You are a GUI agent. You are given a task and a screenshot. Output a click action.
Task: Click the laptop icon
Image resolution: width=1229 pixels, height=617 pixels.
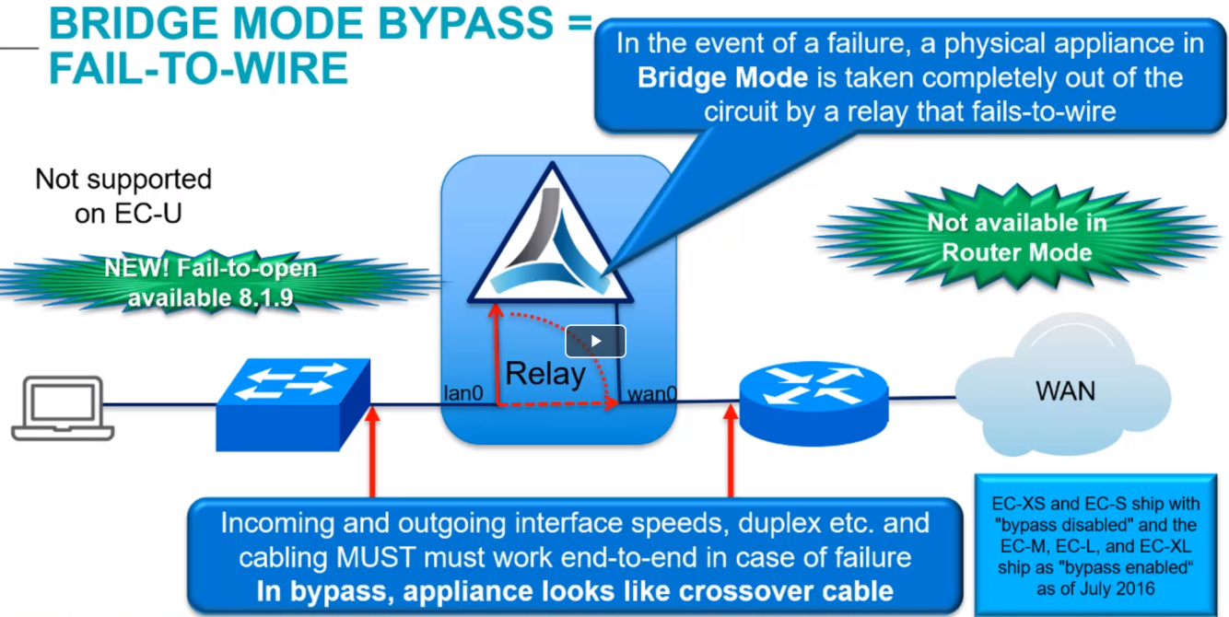click(x=63, y=407)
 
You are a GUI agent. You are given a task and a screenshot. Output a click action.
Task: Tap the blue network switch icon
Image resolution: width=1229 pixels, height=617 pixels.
click(x=293, y=404)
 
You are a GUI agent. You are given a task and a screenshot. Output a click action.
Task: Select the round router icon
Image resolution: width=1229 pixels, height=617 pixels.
click(x=813, y=402)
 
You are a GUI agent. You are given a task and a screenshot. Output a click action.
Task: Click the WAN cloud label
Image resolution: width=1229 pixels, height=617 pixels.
click(x=1065, y=390)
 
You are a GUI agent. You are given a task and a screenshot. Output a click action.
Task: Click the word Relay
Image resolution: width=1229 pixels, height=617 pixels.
click(x=545, y=374)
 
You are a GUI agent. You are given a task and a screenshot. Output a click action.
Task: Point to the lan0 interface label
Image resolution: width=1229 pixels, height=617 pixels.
click(x=463, y=393)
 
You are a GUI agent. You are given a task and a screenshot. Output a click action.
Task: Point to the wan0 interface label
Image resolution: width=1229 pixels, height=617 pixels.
click(x=652, y=394)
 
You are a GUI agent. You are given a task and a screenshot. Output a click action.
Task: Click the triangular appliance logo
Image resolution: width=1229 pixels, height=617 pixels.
click(x=550, y=241)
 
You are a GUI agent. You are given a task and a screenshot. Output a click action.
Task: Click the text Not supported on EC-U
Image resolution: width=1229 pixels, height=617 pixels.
click(x=123, y=195)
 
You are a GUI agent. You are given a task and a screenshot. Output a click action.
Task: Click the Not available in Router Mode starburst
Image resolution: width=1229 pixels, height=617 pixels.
click(x=1016, y=238)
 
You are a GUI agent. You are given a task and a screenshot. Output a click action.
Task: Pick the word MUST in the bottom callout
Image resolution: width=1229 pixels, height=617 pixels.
click(x=369, y=557)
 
